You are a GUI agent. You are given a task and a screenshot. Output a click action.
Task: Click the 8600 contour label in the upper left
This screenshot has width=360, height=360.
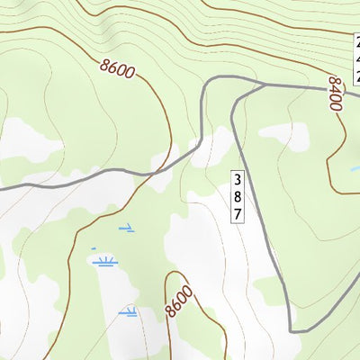tap(118, 68)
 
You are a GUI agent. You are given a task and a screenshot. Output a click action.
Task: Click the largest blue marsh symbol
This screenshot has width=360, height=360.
tap(105, 262)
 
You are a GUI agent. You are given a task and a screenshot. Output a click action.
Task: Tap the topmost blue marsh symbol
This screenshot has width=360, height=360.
tap(127, 227)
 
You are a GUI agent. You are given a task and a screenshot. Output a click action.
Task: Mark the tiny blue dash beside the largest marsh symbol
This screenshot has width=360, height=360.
tap(93, 247)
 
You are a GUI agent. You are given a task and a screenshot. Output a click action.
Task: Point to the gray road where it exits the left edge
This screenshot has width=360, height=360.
tap(2, 189)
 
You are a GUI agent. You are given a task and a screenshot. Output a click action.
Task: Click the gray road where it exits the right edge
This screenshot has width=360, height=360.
tap(357, 94)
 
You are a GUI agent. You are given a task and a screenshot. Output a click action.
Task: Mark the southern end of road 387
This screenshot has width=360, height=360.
tap(295, 331)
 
